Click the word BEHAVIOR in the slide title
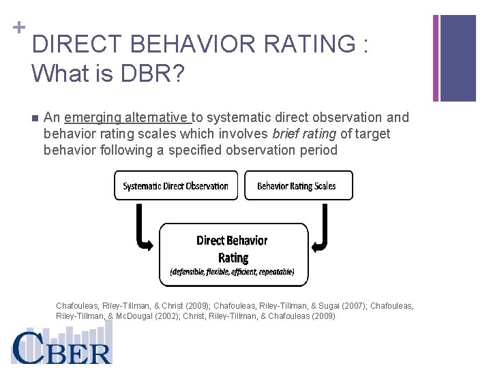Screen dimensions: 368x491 pyautogui.click(x=180, y=44)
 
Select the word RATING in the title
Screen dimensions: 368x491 pyautogui.click(x=306, y=44)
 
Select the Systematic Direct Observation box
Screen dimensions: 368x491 pyautogui.click(x=175, y=185)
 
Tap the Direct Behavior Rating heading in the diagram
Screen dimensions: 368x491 pyautogui.click(x=232, y=248)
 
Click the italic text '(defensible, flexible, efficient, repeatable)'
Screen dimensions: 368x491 pyautogui.click(x=232, y=271)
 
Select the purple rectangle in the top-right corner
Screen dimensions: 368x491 pyautogui.click(x=458, y=58)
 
